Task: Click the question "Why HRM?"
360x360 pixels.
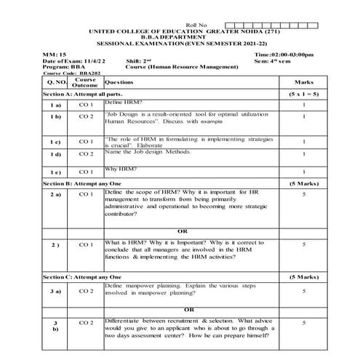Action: (119, 169)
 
